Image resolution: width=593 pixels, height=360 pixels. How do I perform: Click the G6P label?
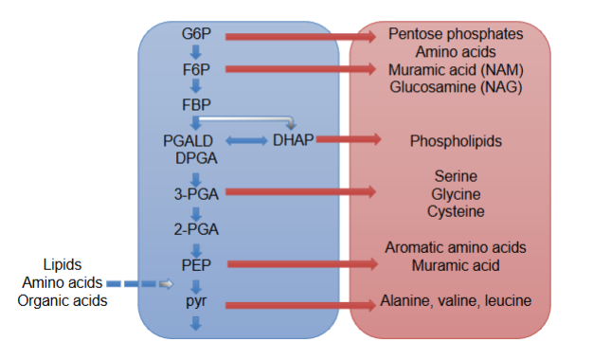[x=196, y=35]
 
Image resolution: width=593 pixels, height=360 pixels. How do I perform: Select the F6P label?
[x=196, y=69]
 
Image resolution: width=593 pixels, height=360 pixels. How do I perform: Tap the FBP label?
[x=196, y=103]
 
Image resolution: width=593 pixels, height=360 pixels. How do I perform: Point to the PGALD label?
[x=187, y=140]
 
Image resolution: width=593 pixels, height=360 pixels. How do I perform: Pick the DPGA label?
[x=195, y=158]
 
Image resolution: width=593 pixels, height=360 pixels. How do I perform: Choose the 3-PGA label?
[x=195, y=193]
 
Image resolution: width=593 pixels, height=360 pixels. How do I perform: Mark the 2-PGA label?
[x=195, y=227]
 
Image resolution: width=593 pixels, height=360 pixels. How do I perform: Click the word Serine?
[x=456, y=176]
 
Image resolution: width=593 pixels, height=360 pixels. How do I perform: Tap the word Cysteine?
[x=456, y=211]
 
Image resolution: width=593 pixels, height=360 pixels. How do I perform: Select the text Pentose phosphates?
[x=456, y=34]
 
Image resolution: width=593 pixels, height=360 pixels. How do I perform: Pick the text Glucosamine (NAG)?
[x=456, y=87]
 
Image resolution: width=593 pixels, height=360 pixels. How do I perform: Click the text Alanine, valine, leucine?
[x=456, y=301]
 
